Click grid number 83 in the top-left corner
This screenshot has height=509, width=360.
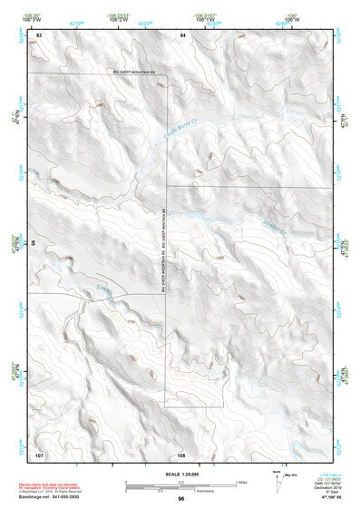pyautogui.click(x=39, y=34)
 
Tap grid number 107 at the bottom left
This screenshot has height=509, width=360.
pyautogui.click(x=39, y=452)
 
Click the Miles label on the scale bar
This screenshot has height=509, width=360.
pyautogui.click(x=241, y=481)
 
